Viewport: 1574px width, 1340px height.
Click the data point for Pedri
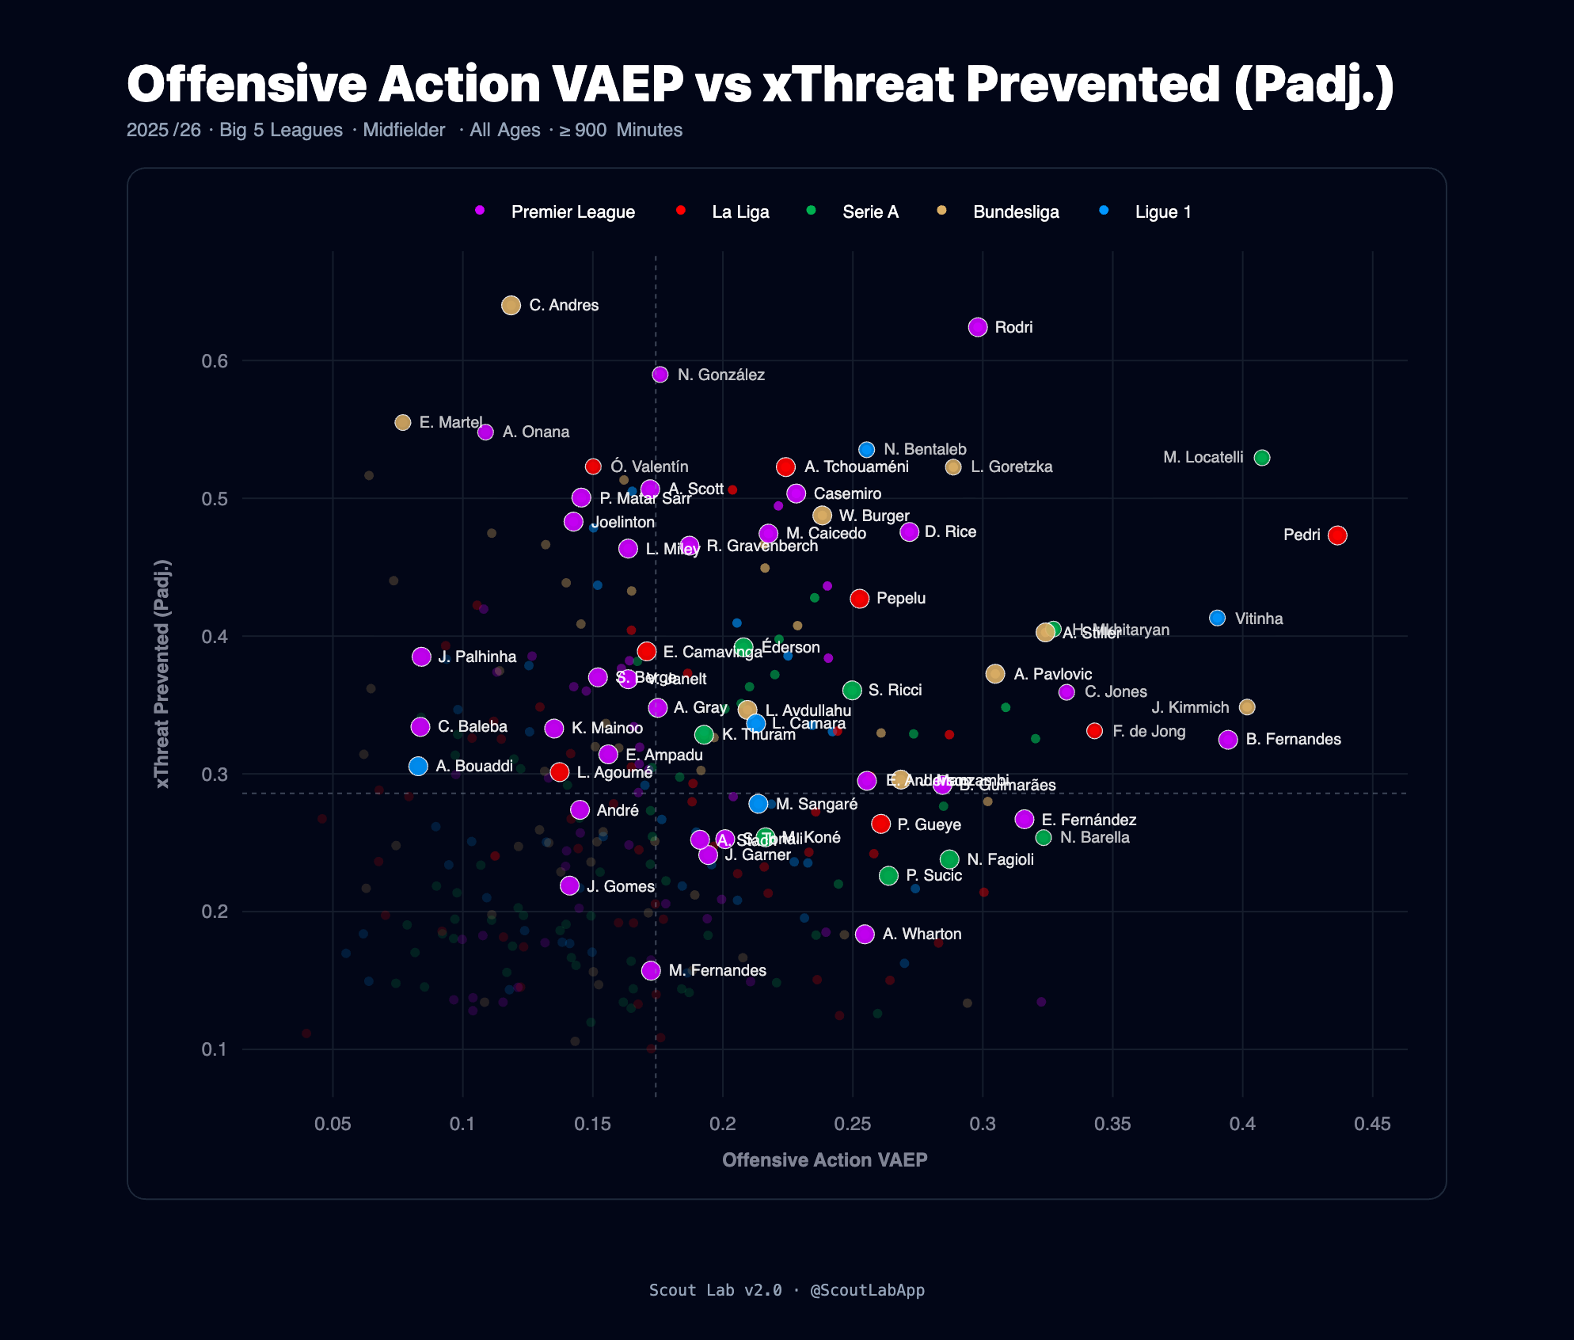[1337, 535]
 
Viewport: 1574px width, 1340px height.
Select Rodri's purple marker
[978, 327]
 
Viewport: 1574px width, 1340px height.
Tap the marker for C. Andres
[511, 305]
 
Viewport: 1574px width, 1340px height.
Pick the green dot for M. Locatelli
[1262, 458]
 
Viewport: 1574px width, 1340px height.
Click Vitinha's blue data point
[1218, 618]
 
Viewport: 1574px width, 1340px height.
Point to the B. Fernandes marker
[1228, 740]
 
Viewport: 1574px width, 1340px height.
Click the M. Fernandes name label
[717, 970]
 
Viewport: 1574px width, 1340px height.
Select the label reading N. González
[720, 375]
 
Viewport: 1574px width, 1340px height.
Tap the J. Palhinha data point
[421, 657]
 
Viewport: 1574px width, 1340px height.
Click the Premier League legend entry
[572, 212]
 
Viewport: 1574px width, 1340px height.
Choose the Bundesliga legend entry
[1015, 212]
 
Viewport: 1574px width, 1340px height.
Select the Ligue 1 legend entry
[1162, 212]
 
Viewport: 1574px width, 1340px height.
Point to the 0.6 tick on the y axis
[215, 361]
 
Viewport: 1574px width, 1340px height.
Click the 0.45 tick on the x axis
[1372, 1124]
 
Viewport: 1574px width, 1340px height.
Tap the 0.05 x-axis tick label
[333, 1124]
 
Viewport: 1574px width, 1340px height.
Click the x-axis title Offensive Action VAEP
[824, 1160]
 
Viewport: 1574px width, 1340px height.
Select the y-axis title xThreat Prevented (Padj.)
[162, 674]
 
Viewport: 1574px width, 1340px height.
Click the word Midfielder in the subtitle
[404, 130]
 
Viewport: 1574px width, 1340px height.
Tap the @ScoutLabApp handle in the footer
[867, 1290]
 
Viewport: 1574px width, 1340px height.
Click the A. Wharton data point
[865, 935]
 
